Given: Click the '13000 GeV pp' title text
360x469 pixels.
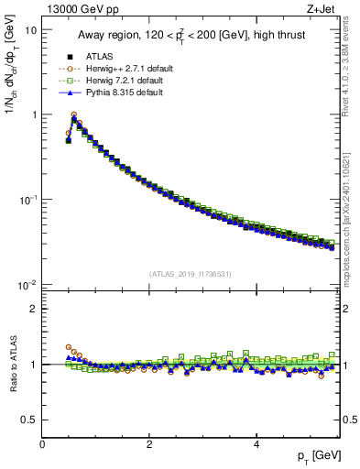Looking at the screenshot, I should click(x=75, y=8).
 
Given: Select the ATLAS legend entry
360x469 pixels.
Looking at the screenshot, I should click(x=97, y=55).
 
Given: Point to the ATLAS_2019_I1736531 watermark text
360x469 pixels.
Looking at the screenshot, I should click(x=191, y=274).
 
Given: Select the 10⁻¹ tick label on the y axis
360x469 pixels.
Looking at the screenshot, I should click(x=28, y=200).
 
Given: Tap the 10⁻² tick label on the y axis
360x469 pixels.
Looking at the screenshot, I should click(x=28, y=285).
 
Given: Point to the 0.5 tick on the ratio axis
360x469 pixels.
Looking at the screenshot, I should click(x=31, y=420).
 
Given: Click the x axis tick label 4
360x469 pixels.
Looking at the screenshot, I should click(x=256, y=444).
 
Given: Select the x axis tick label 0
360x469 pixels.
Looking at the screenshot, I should click(x=42, y=444).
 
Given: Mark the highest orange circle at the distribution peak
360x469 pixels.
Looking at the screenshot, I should click(x=74, y=115).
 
